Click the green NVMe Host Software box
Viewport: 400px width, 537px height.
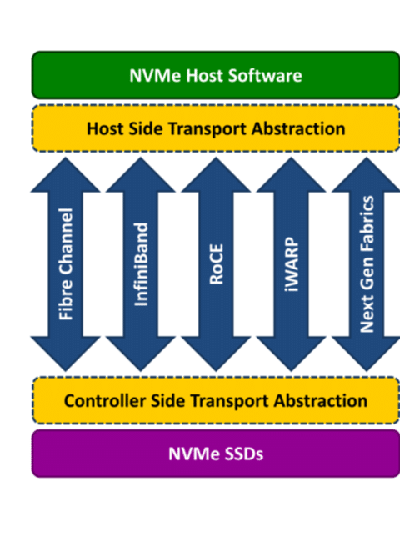click(216, 75)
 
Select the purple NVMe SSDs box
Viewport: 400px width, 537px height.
click(216, 454)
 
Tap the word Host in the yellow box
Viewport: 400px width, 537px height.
click(105, 128)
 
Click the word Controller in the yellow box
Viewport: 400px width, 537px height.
click(105, 401)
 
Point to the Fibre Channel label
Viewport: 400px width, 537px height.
click(66, 264)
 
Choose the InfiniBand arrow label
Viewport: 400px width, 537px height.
click(141, 264)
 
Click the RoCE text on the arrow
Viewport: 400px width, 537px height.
click(216, 264)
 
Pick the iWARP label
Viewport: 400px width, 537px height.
click(291, 264)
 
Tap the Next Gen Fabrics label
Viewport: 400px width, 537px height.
click(367, 264)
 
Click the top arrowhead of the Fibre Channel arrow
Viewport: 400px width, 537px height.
click(65, 175)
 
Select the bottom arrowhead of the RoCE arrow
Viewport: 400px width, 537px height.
click(216, 354)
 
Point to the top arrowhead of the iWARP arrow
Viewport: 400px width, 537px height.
click(291, 175)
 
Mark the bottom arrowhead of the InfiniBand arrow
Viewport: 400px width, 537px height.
click(141, 354)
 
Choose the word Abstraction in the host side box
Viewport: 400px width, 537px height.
click(298, 128)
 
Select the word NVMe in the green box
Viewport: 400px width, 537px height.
click(155, 75)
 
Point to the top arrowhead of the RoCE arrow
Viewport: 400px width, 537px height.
click(216, 175)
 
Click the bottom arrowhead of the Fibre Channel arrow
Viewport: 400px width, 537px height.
click(65, 354)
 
